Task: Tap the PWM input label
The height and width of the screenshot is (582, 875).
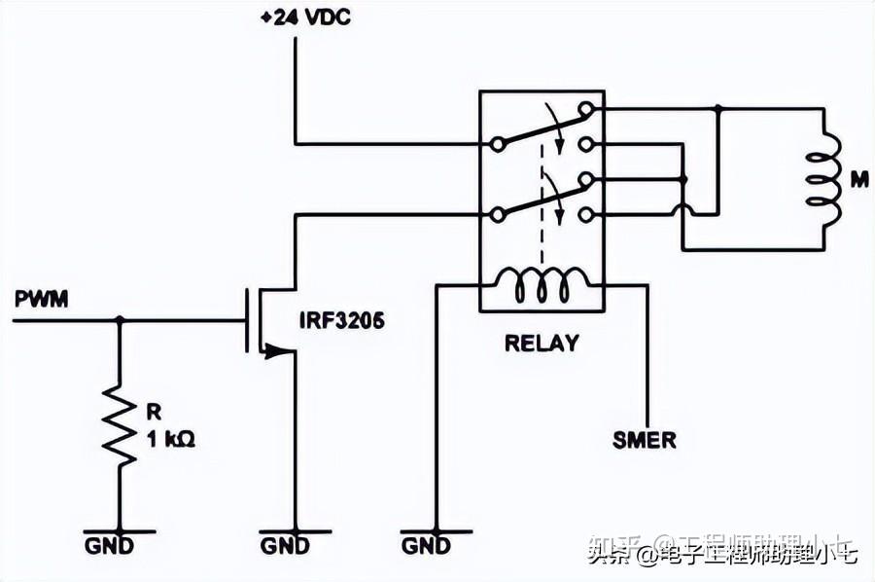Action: point(41,299)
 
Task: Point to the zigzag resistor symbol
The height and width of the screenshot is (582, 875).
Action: point(120,424)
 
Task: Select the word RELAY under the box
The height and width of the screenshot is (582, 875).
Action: point(541,344)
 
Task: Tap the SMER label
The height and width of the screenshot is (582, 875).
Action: point(644,440)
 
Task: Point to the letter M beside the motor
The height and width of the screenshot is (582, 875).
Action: point(858,179)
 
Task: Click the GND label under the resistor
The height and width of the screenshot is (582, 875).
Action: point(120,545)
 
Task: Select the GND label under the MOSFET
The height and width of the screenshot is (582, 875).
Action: point(285,545)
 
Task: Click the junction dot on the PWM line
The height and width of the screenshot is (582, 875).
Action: point(120,319)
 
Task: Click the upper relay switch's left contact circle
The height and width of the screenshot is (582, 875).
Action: point(498,144)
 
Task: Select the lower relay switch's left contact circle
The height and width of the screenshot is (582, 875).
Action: point(498,213)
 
